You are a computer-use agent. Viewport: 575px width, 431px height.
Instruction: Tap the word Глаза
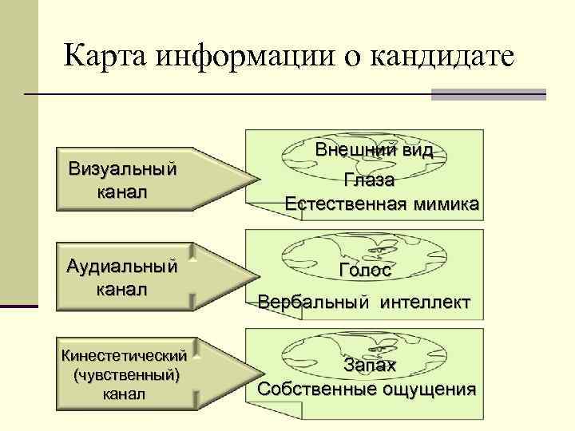[x=370, y=180]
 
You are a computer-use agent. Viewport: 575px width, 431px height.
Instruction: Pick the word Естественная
[x=346, y=204]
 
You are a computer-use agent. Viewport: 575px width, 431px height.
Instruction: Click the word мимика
[x=447, y=204]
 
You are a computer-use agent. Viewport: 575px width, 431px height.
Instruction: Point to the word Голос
[x=365, y=271]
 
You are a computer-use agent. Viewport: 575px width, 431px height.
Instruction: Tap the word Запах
[x=370, y=366]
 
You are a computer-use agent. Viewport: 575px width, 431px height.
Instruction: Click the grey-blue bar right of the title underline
[x=488, y=94]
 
